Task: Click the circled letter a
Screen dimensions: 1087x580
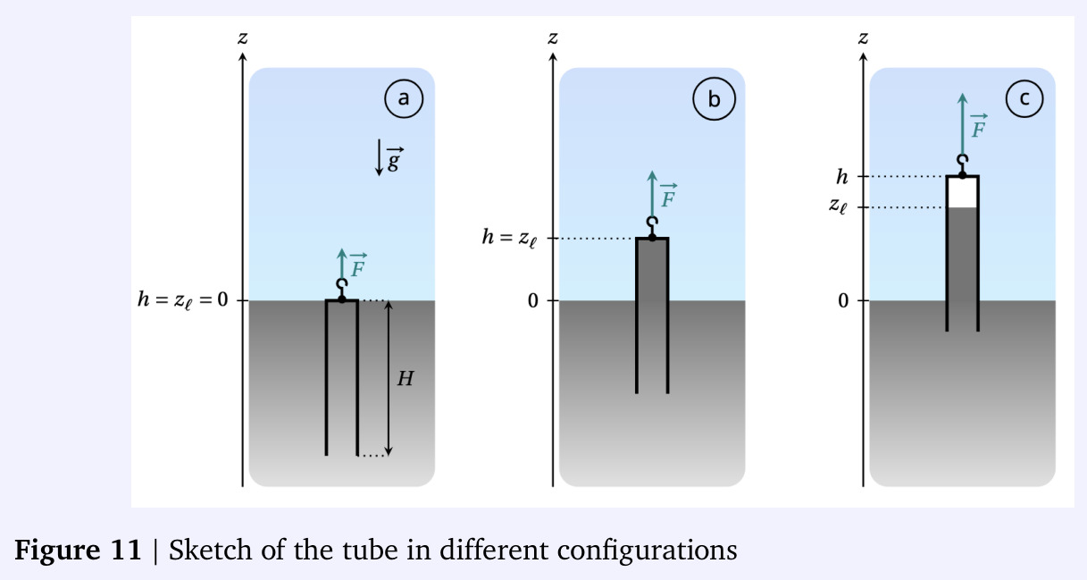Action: click(x=404, y=98)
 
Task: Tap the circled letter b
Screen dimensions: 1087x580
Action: click(x=714, y=99)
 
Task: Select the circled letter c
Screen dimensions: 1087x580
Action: click(x=1024, y=98)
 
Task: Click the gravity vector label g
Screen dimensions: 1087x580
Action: click(x=395, y=159)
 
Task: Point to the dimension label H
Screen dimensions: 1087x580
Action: click(x=406, y=379)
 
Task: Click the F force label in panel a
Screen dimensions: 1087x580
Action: click(x=358, y=265)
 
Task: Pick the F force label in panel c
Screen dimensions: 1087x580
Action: click(x=978, y=126)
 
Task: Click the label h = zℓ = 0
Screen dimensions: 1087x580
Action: click(x=182, y=300)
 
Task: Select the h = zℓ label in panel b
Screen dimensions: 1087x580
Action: click(x=509, y=238)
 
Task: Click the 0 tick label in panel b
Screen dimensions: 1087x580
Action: click(x=533, y=301)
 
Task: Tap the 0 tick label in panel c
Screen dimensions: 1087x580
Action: click(x=843, y=301)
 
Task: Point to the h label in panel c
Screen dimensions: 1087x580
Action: click(x=842, y=177)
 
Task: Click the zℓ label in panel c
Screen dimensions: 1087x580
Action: click(x=838, y=206)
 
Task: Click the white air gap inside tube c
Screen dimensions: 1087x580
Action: click(x=962, y=192)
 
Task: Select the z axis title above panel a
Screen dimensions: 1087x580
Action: click(x=243, y=38)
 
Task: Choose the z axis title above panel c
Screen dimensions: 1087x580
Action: click(x=863, y=38)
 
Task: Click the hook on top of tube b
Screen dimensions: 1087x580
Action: click(x=652, y=223)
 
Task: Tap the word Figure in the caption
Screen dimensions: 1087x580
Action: click(x=57, y=550)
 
